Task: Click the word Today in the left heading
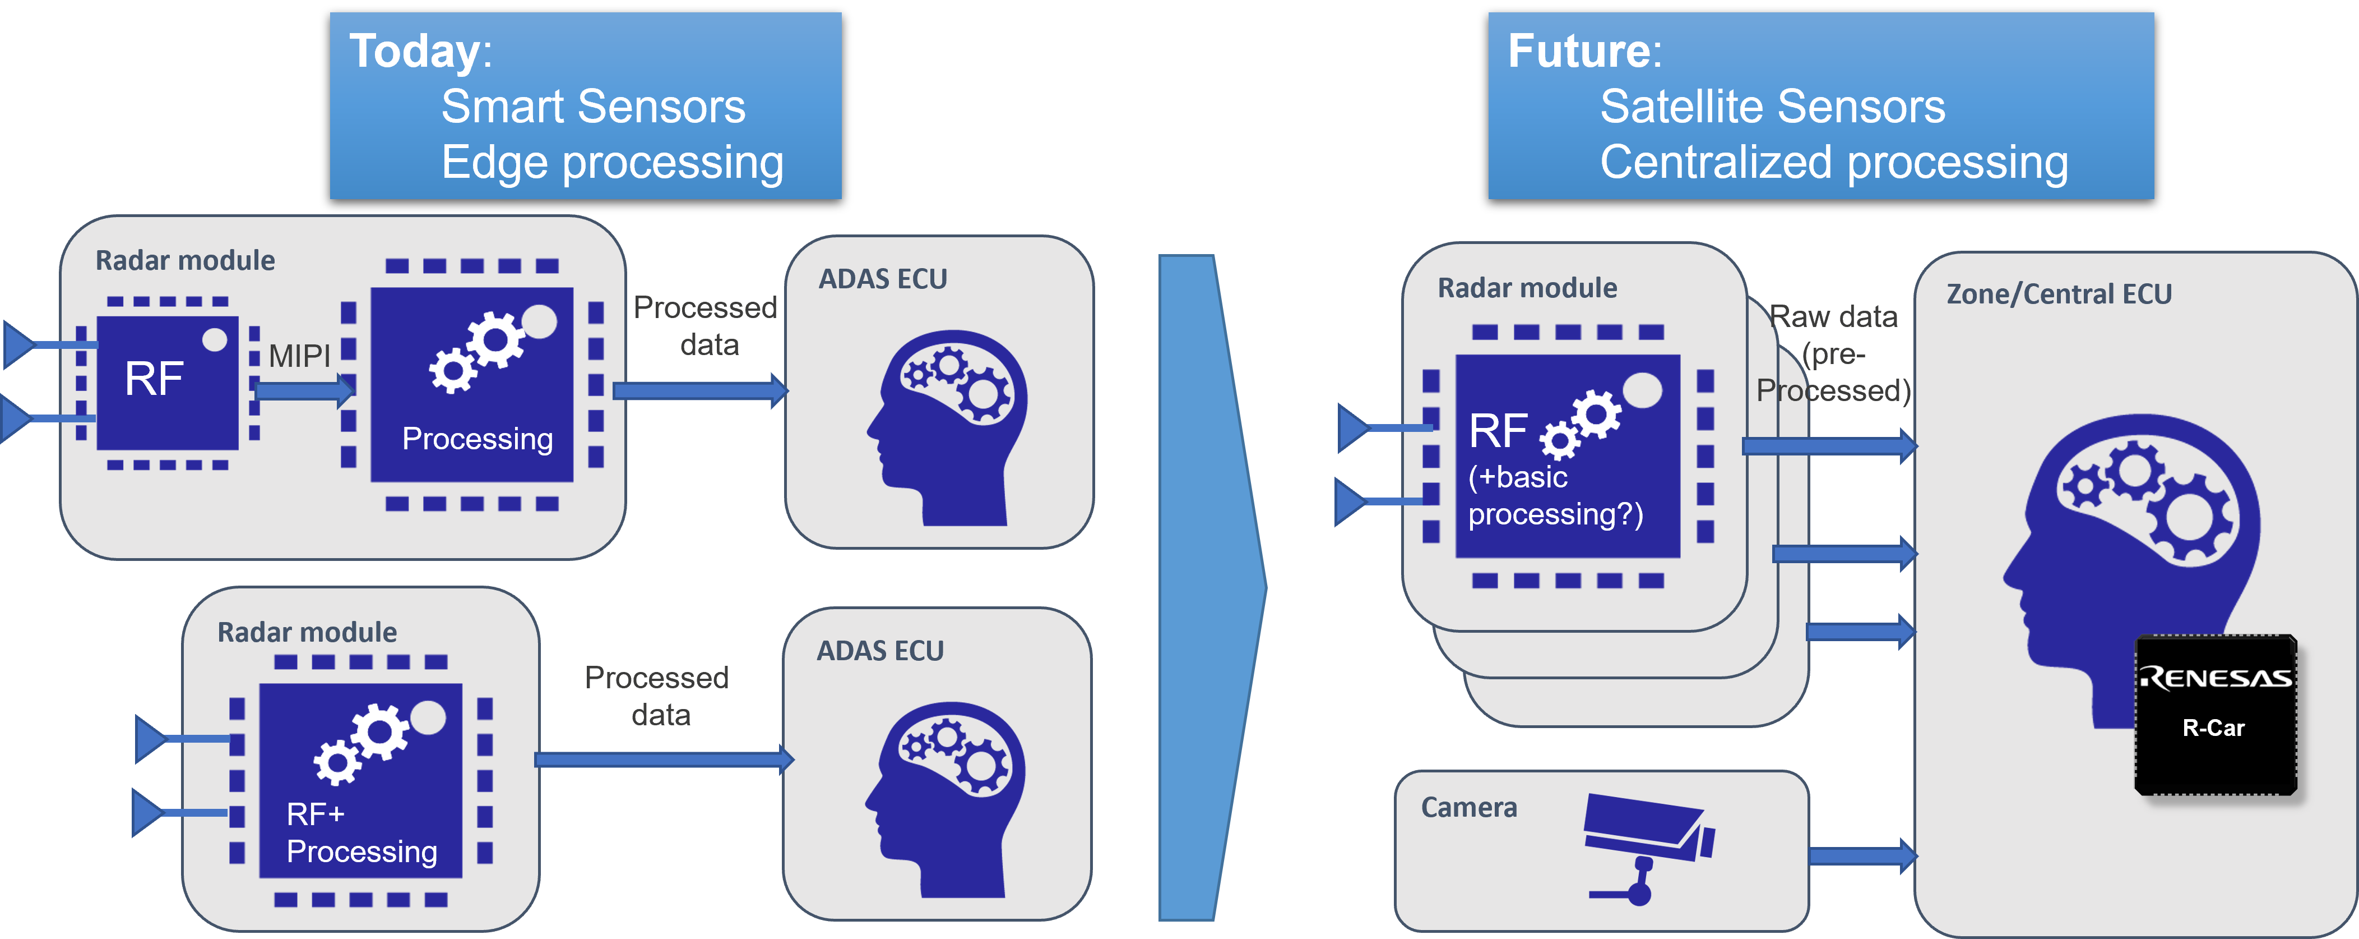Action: click(x=414, y=51)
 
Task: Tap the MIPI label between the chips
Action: click(x=299, y=356)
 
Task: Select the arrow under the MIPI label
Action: click(x=302, y=391)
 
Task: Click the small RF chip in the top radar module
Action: click(x=166, y=383)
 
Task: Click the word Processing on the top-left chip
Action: click(x=477, y=439)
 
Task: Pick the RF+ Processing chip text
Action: click(x=361, y=833)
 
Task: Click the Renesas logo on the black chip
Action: click(x=2215, y=678)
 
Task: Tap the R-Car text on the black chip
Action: click(x=2213, y=728)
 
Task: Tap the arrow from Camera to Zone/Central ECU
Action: click(x=1862, y=855)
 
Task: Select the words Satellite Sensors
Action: click(x=1772, y=107)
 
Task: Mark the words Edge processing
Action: click(x=611, y=163)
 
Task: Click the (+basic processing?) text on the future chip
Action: click(x=1555, y=496)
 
